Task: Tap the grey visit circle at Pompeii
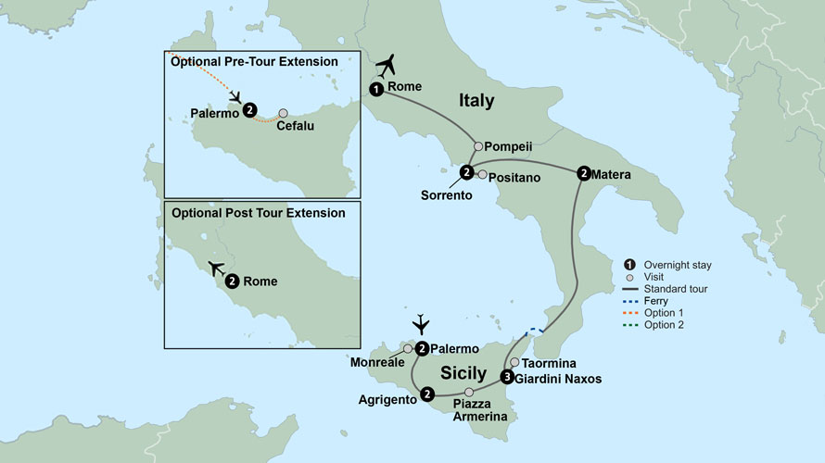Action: (x=478, y=146)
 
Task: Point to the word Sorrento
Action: (x=447, y=195)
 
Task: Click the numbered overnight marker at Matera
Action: (x=583, y=172)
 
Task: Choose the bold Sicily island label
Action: (x=463, y=373)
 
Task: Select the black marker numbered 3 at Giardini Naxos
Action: (x=506, y=377)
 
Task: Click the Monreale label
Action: (x=374, y=364)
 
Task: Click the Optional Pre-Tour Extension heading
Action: (x=253, y=61)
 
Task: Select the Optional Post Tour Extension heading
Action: (x=259, y=213)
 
